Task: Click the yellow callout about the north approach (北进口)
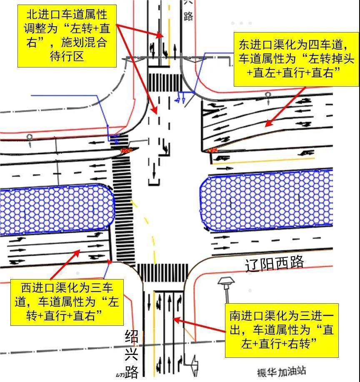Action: [x=67, y=36]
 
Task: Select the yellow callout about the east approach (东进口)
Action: [x=296, y=59]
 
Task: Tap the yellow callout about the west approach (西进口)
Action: [x=67, y=302]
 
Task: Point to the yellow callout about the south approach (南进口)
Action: [x=282, y=330]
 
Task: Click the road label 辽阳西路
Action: [x=275, y=263]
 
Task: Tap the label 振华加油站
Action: [x=282, y=372]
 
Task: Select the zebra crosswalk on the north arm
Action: [x=165, y=82]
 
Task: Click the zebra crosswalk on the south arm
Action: [x=162, y=272]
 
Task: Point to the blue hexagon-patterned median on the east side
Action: [x=266, y=200]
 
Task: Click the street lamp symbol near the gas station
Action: [x=226, y=289]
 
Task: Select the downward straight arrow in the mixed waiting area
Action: [x=154, y=171]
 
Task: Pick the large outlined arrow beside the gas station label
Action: [x=195, y=366]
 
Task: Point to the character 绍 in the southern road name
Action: [x=132, y=337]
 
